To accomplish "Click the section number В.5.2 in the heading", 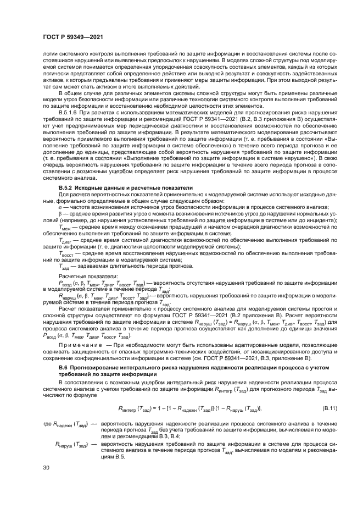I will tap(68, 187).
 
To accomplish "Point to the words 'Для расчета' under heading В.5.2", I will tap(72, 194).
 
